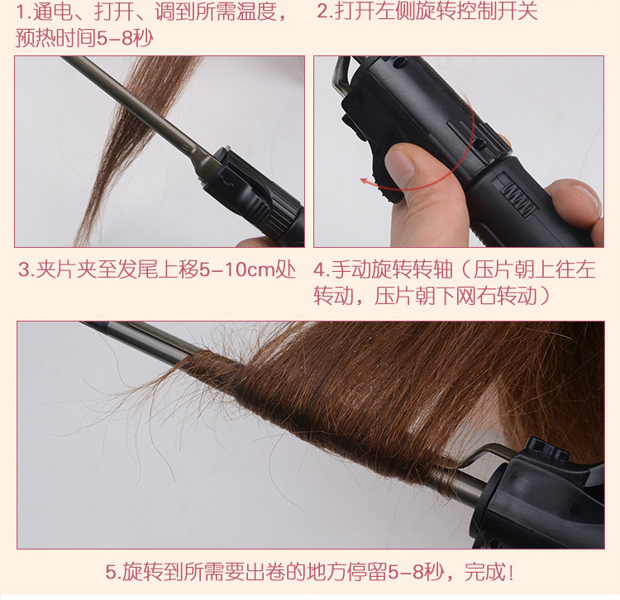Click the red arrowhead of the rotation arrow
(x=365, y=182)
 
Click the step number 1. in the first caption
(x=24, y=12)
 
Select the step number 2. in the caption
(x=325, y=11)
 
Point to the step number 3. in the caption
(x=26, y=270)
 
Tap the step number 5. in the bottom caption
(x=114, y=573)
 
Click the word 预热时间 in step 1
(x=55, y=39)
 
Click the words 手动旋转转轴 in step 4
(x=392, y=270)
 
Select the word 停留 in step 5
(x=366, y=573)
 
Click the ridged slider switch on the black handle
(x=516, y=195)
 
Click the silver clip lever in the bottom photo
(x=487, y=454)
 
